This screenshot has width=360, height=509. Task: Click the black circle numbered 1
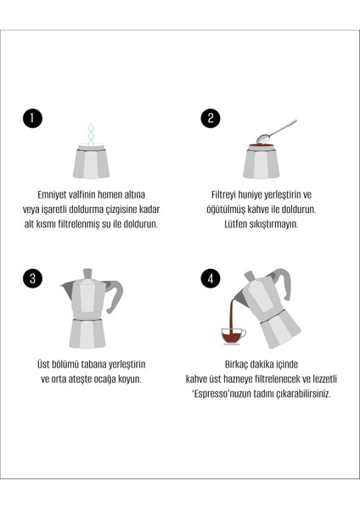click(x=32, y=118)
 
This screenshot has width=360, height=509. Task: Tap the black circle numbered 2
click(x=211, y=118)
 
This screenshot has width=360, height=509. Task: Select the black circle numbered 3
click(x=32, y=278)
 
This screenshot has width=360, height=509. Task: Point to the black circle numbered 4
click(x=211, y=278)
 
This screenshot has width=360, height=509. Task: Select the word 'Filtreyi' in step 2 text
click(x=226, y=193)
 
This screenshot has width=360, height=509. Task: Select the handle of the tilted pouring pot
click(x=280, y=281)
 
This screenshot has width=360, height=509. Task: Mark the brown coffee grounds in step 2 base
click(x=261, y=146)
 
